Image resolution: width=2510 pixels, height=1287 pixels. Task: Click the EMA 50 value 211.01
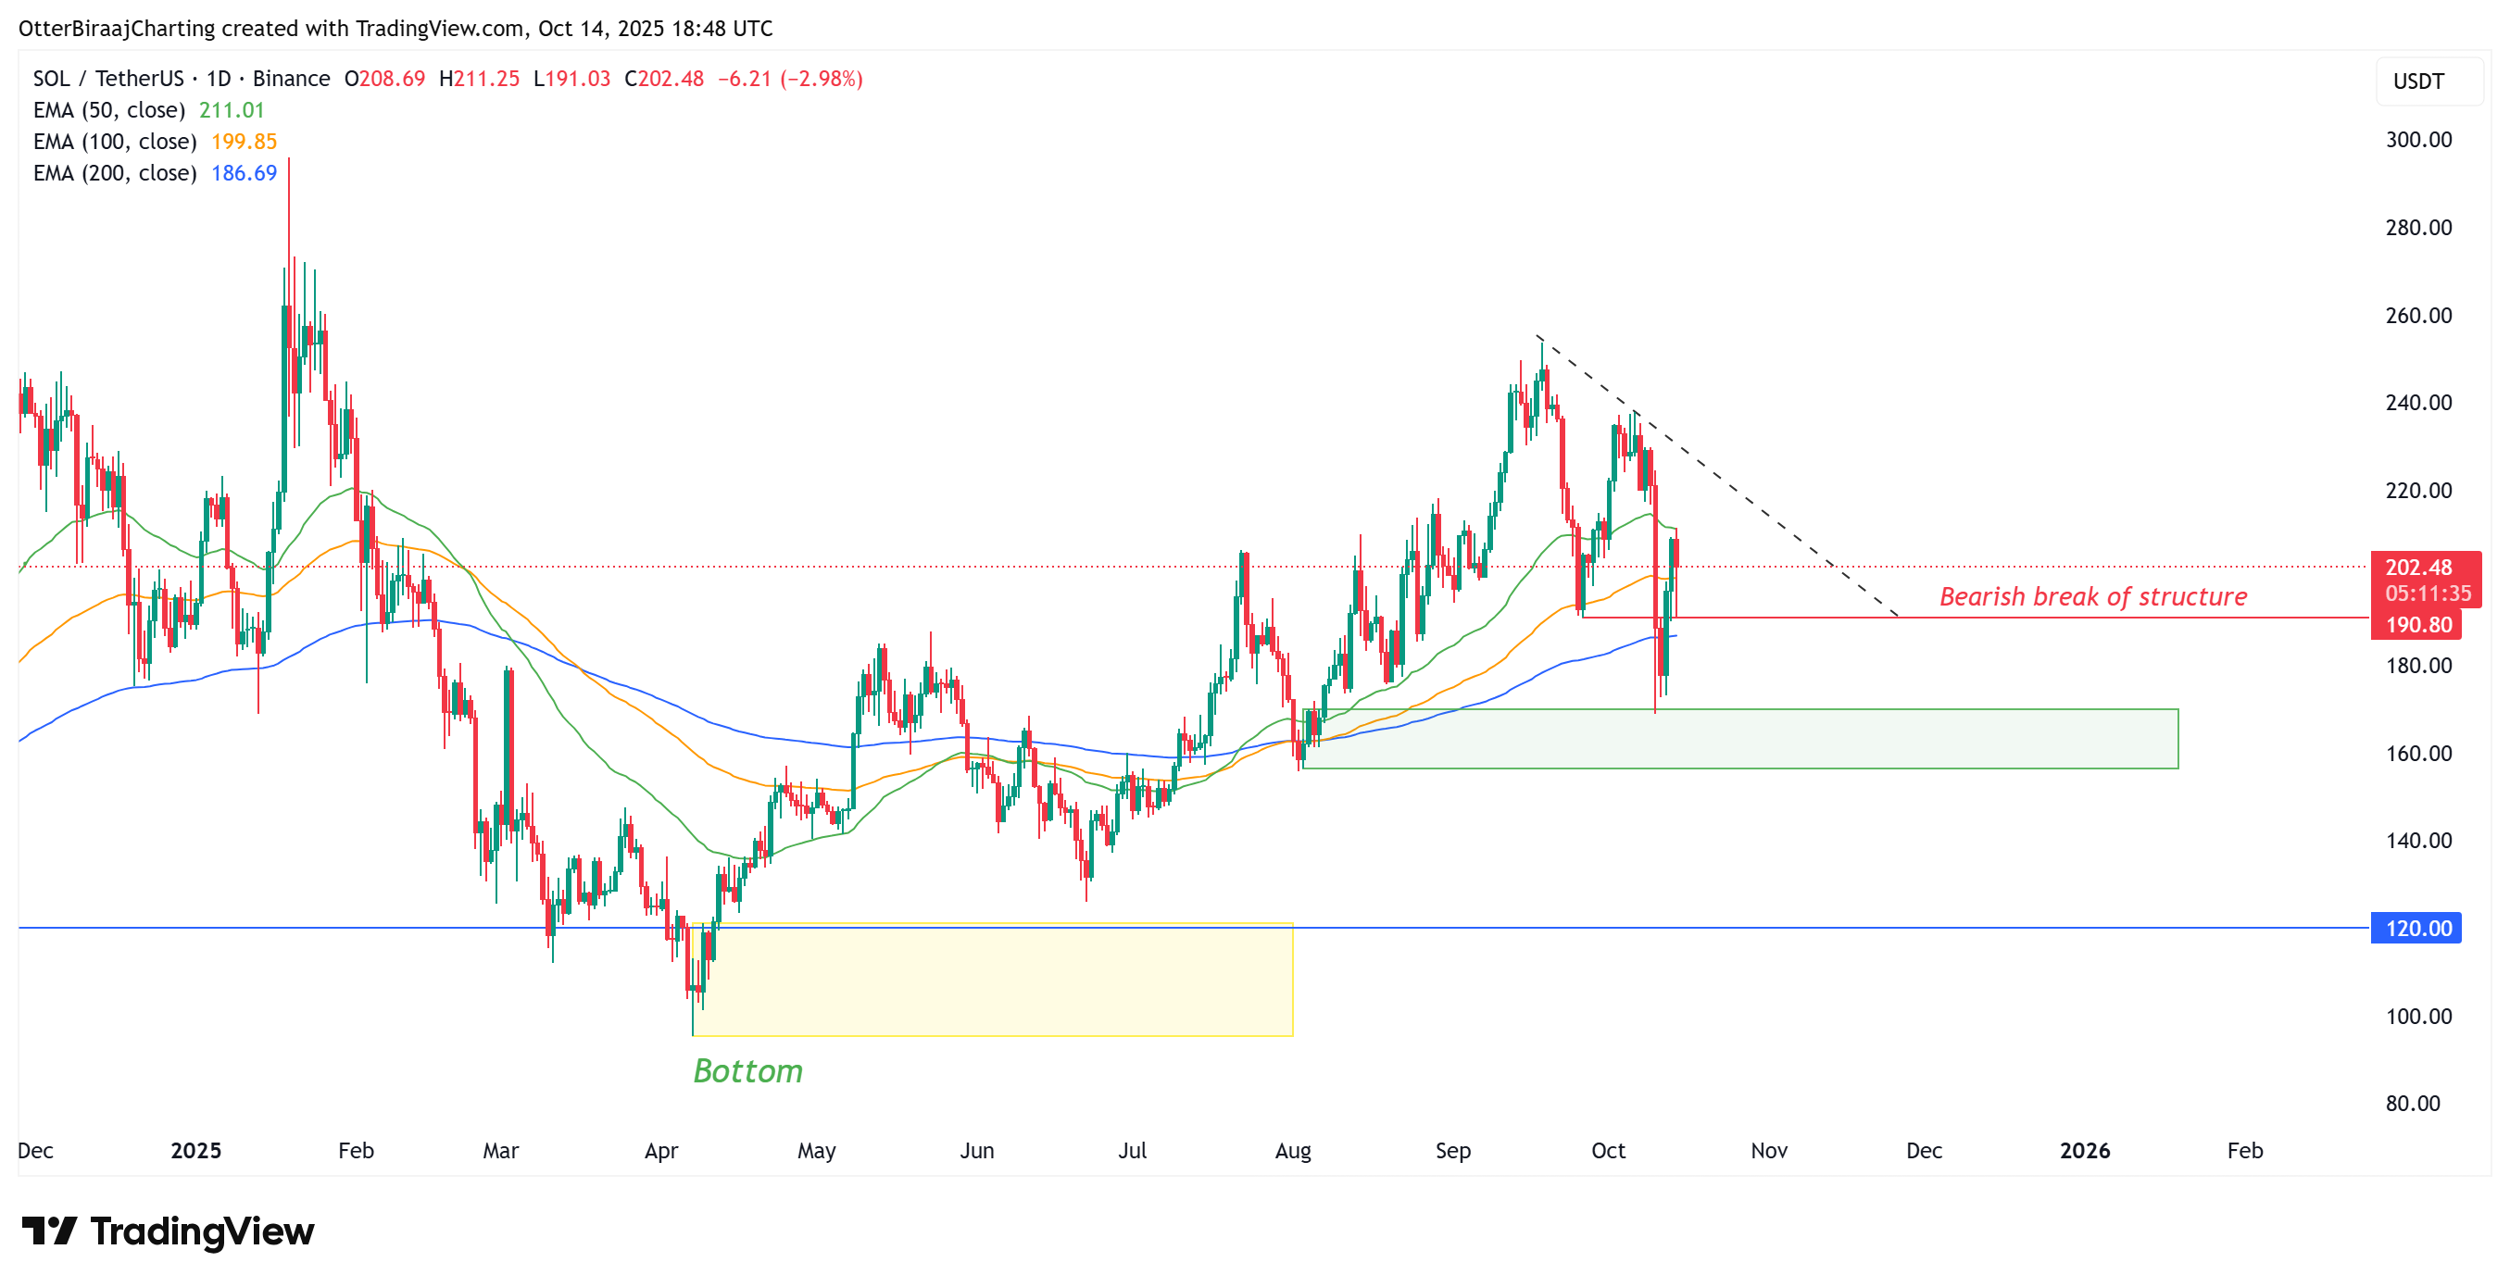click(231, 110)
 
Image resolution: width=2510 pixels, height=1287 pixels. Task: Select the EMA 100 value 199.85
click(244, 142)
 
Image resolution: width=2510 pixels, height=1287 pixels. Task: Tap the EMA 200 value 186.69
click(244, 172)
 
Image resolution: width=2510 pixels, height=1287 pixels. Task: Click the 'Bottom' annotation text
click(747, 1070)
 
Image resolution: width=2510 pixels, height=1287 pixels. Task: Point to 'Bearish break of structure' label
click(2092, 596)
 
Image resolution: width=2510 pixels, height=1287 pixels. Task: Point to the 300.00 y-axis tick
click(2417, 139)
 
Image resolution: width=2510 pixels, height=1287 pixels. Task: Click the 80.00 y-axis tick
click(2412, 1103)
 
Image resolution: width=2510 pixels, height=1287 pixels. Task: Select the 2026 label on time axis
click(2084, 1151)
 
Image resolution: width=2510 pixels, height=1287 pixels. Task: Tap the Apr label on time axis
click(660, 1151)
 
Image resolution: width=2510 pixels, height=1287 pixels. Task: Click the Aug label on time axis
click(1292, 1151)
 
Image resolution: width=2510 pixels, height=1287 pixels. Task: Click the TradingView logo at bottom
click(168, 1231)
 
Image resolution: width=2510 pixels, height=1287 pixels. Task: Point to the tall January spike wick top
click(288, 162)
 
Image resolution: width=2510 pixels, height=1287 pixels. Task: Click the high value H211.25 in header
click(479, 79)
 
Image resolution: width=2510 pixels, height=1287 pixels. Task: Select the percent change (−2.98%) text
click(821, 79)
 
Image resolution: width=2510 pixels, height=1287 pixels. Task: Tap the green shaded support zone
click(1739, 739)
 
